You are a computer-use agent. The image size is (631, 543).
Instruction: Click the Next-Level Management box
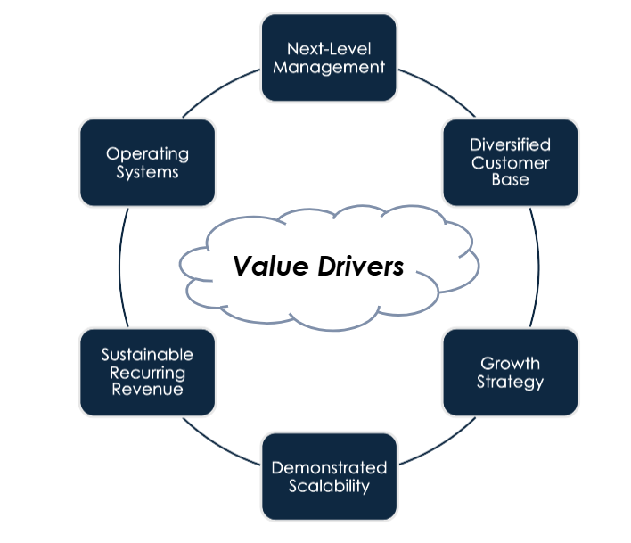tap(329, 58)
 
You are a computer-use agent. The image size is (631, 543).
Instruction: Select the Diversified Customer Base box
tap(510, 162)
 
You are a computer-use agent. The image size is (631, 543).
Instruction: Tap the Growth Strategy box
tap(510, 373)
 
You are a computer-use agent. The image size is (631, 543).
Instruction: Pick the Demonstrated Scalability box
tap(329, 477)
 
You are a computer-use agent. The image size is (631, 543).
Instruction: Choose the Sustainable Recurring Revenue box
tap(147, 373)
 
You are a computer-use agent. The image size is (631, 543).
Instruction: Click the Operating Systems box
tap(147, 162)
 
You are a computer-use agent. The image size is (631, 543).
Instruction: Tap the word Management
tap(329, 67)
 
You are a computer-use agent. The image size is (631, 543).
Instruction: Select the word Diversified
tap(510, 144)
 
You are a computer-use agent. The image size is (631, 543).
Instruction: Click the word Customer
tap(510, 162)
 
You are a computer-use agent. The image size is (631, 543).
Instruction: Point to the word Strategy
tap(510, 383)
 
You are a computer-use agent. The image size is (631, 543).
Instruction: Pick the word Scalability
tap(329, 487)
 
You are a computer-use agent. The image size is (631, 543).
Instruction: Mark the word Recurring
tap(147, 373)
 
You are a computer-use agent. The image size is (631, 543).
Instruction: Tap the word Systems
tap(147, 172)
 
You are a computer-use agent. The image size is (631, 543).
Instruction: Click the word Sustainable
tap(147, 356)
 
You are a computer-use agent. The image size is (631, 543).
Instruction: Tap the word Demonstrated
tap(329, 468)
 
